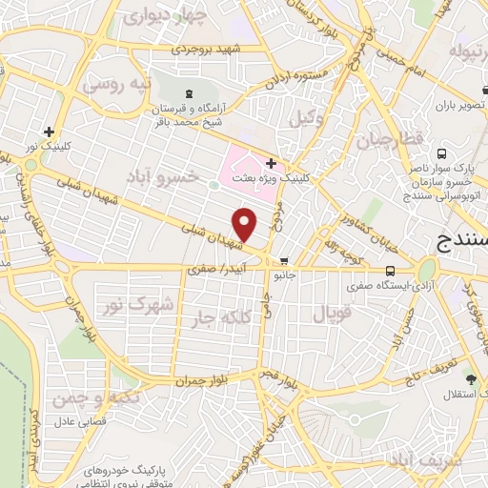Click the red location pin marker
coord(245,225)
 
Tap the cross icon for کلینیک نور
coord(49,132)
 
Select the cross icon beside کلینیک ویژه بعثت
coord(272,163)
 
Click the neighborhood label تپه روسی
coord(116,84)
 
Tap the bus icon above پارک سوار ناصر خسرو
coord(441,153)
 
